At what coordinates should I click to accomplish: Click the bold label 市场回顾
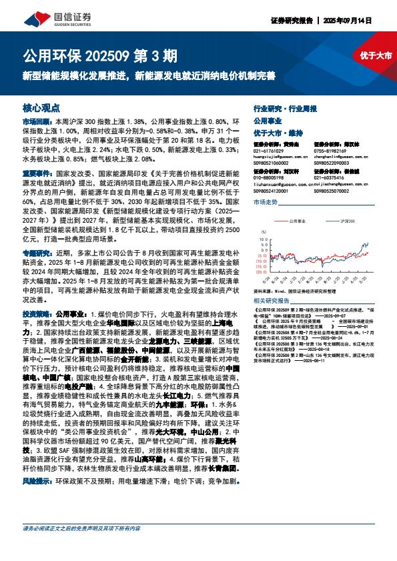coord(36,123)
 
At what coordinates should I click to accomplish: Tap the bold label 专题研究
coord(36,254)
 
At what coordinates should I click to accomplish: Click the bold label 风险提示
coord(36,480)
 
